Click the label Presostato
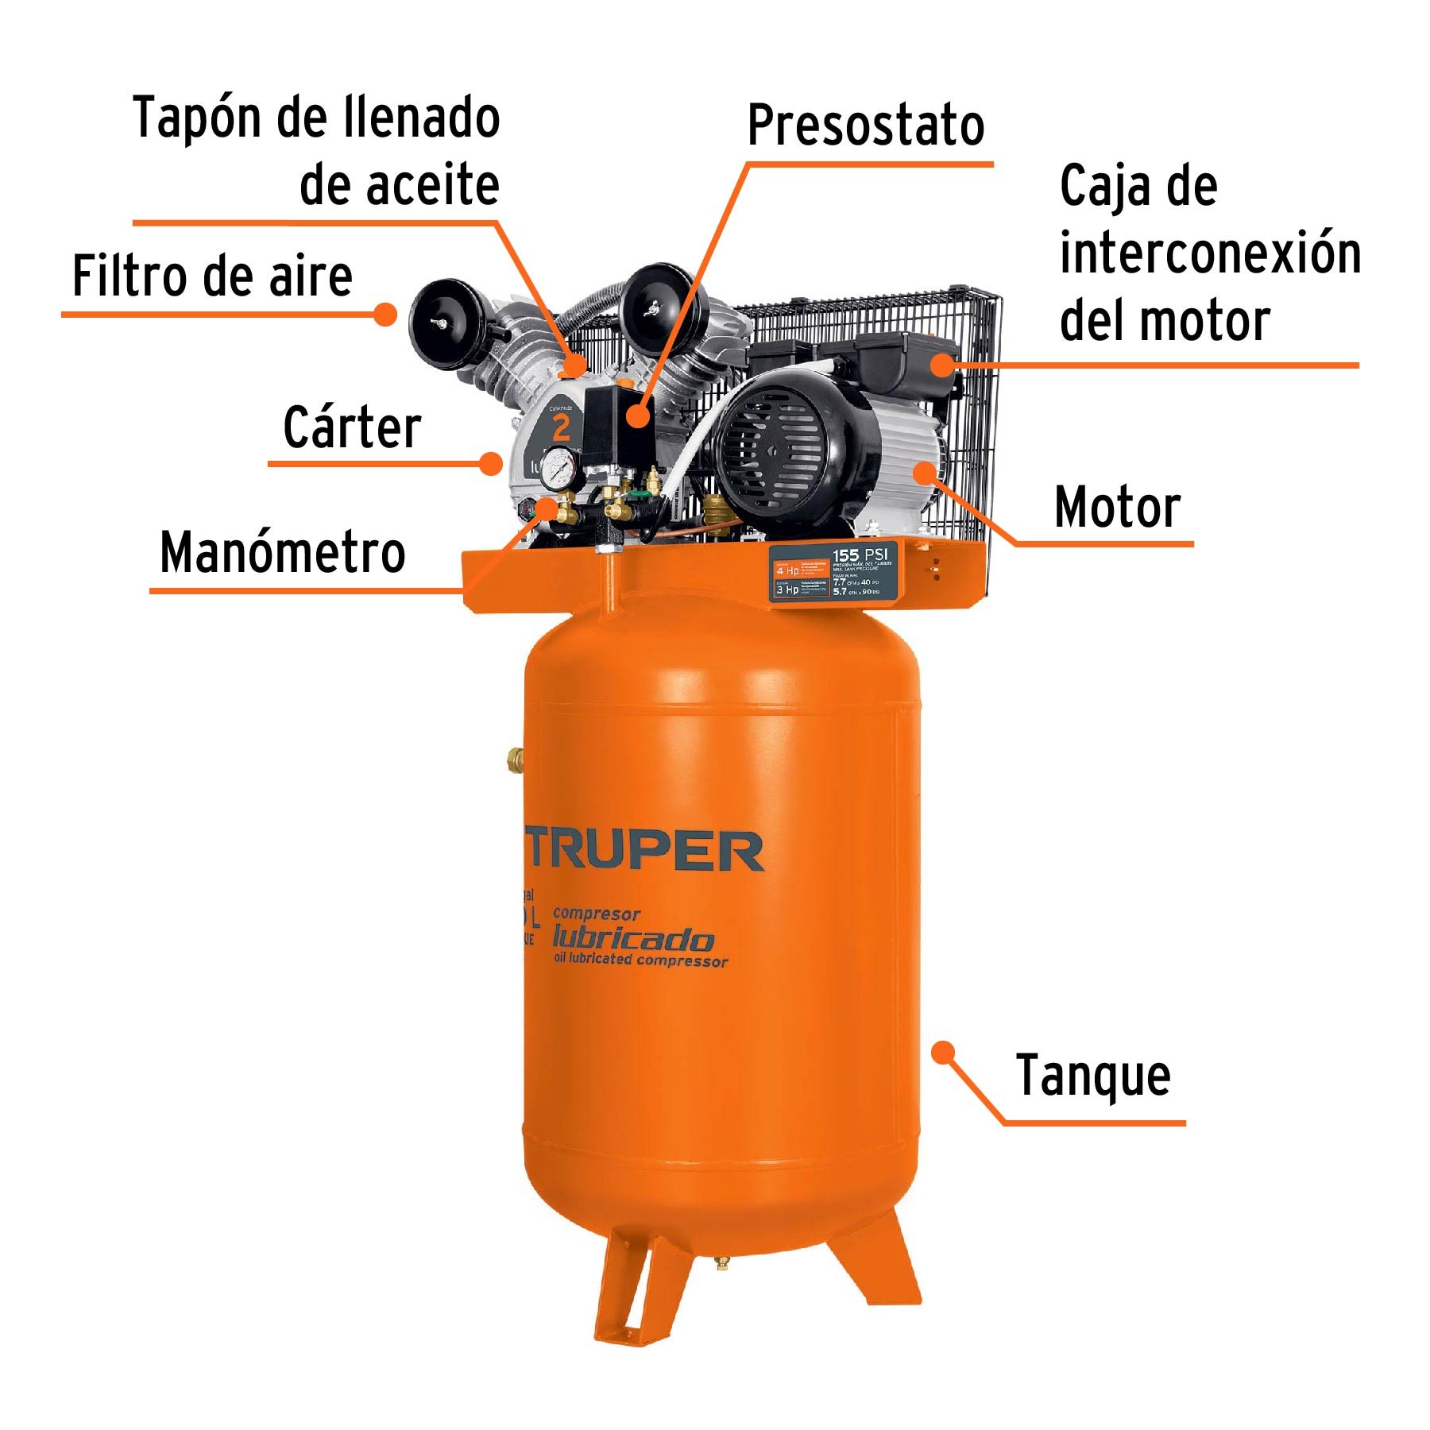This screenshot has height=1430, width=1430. tap(865, 126)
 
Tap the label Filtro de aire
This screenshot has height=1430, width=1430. tap(212, 276)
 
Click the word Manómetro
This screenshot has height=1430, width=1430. tap(282, 552)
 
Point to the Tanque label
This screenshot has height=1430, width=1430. tap(1093, 1076)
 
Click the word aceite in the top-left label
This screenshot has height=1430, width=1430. tap(399, 185)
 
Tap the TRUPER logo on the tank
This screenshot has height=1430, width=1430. tap(643, 850)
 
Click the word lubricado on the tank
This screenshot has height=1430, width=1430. tap(632, 939)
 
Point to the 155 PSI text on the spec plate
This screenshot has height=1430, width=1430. tap(859, 554)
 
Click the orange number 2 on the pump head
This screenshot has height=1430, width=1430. tap(561, 429)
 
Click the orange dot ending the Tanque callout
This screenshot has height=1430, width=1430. tap(943, 1053)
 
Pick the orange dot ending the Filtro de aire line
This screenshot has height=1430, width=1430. tap(385, 315)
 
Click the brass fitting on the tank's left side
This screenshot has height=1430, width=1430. tap(515, 759)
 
